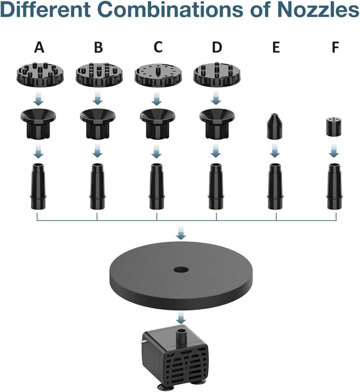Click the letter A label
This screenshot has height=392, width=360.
click(x=39, y=47)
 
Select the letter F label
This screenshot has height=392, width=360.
click(x=335, y=47)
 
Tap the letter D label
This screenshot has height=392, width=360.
click(x=217, y=47)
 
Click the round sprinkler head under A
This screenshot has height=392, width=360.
click(x=38, y=73)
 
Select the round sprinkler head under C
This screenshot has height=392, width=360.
click(x=156, y=73)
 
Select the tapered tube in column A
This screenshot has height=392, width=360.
click(x=38, y=185)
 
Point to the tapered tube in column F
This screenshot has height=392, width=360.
click(x=334, y=185)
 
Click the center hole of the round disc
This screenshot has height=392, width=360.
click(x=180, y=269)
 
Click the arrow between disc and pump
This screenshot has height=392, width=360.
click(x=181, y=319)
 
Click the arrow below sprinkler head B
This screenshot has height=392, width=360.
click(x=98, y=100)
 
